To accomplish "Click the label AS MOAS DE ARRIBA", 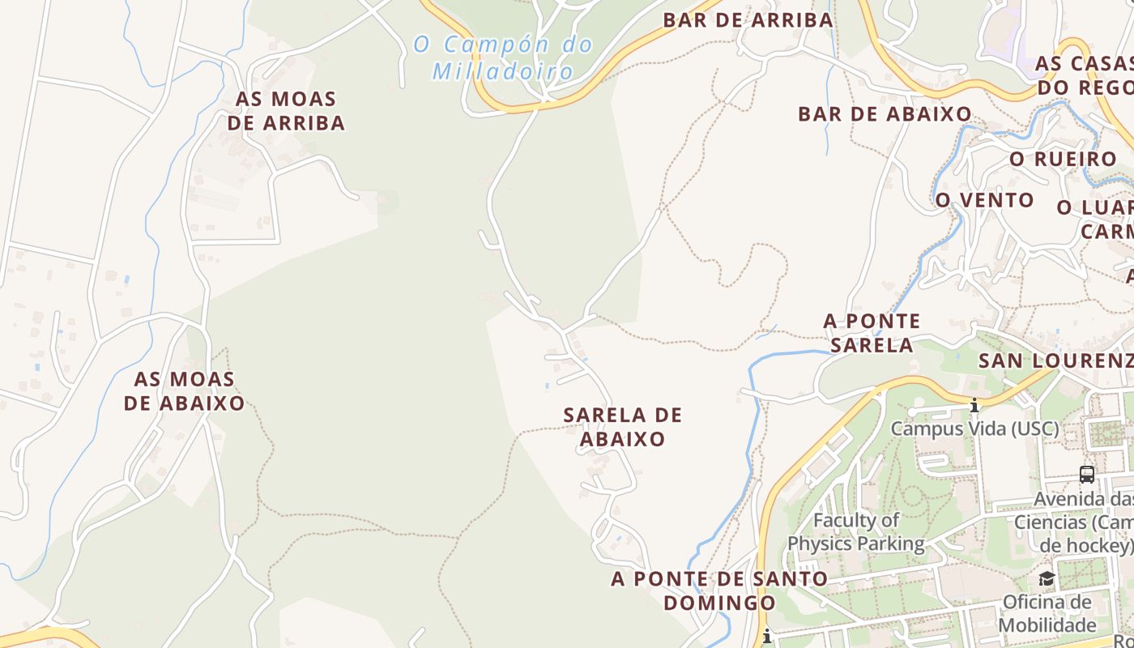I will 286,111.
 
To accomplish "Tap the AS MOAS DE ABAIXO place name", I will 184,391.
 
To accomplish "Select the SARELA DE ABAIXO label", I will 623,427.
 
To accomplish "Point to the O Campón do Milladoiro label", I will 503,58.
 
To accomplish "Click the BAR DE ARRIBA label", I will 748,20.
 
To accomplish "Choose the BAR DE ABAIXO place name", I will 885,114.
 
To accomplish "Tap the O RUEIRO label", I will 1063,160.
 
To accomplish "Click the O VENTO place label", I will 984,200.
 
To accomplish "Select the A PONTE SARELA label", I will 872,333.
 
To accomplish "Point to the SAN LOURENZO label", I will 1055,360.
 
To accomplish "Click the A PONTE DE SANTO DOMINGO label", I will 719,590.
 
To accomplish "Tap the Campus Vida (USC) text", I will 974,428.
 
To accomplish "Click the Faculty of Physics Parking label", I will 856,531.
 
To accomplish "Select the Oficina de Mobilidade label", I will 1047,613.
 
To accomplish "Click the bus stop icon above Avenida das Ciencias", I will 1087,475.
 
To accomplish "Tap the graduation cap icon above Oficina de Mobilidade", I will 1047,578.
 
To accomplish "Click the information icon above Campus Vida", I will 974,405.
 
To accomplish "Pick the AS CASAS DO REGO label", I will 1084,75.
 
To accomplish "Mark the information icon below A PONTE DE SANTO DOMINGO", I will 766,637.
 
